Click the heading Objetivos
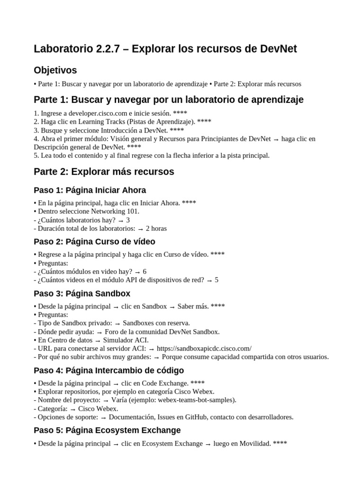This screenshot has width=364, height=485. click(x=55, y=70)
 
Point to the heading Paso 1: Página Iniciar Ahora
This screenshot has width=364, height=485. click(x=90, y=190)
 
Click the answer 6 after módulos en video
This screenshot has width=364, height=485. click(x=145, y=271)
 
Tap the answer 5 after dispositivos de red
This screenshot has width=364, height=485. click(x=217, y=280)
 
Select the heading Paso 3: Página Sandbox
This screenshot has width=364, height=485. click(x=82, y=293)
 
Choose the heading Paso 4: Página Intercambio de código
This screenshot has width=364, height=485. click(x=109, y=370)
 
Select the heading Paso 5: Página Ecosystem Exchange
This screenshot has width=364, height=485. click(x=107, y=430)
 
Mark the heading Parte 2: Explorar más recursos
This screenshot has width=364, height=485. click(x=104, y=171)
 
